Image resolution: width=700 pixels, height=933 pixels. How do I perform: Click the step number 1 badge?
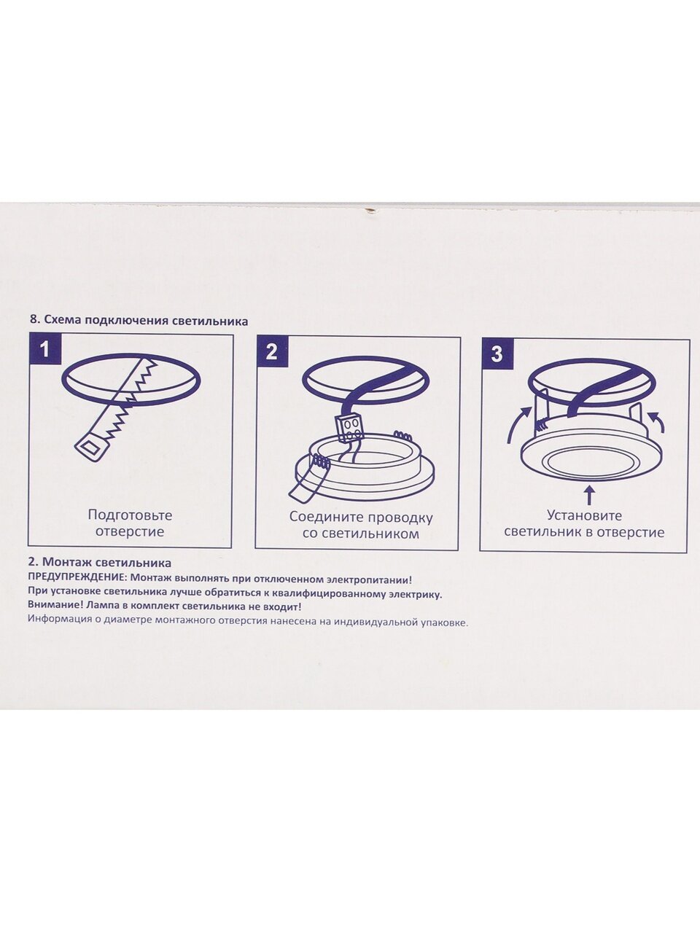point(44,349)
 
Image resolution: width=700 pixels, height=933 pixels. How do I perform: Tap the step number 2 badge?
point(271,352)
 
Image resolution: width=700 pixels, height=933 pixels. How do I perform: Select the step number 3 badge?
point(497,354)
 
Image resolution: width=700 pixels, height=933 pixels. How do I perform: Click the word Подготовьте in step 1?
point(130,515)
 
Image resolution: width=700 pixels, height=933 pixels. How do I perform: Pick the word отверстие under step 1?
point(130,532)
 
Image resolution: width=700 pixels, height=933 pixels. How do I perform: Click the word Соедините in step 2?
point(325,518)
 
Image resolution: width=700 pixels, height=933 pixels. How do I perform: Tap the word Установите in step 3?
point(584,515)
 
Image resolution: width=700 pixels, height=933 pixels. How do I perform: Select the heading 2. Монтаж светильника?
point(100,563)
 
